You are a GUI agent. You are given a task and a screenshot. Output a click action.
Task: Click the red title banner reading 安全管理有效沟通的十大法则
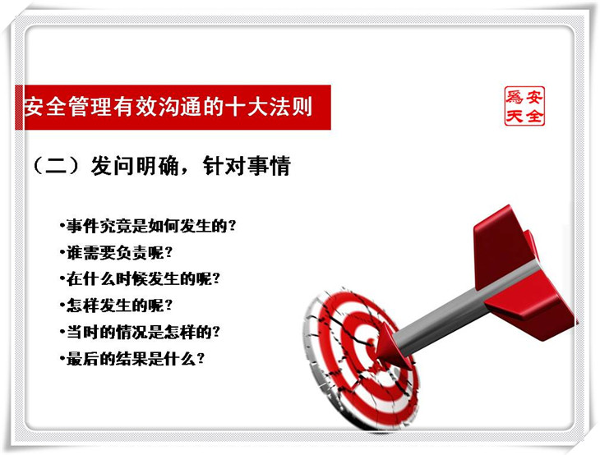[x=173, y=108]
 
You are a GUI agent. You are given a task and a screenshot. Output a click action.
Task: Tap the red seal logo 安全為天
[x=524, y=106]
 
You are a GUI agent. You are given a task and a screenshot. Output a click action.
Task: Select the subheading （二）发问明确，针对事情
[x=162, y=166]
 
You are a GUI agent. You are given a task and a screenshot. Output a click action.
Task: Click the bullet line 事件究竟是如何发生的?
[x=148, y=226]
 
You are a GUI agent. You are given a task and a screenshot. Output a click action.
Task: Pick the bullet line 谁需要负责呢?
[x=116, y=253]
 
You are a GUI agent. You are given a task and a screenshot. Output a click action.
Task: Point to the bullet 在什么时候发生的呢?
[x=140, y=279]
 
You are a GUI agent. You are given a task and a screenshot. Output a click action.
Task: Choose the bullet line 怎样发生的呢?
[x=116, y=306]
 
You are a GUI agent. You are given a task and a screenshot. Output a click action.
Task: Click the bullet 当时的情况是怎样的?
[x=140, y=332]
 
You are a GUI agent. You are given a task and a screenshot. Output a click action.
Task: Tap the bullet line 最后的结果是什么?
[x=132, y=359]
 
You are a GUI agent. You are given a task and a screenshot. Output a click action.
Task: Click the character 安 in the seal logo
[x=534, y=97]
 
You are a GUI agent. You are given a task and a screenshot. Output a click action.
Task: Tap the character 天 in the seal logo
[x=515, y=116]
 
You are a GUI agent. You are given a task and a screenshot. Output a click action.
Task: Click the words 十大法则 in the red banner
[x=269, y=107]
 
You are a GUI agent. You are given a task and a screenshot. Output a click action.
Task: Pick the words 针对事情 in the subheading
[x=247, y=166]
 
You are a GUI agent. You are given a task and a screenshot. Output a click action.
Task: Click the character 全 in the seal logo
[x=534, y=116]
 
